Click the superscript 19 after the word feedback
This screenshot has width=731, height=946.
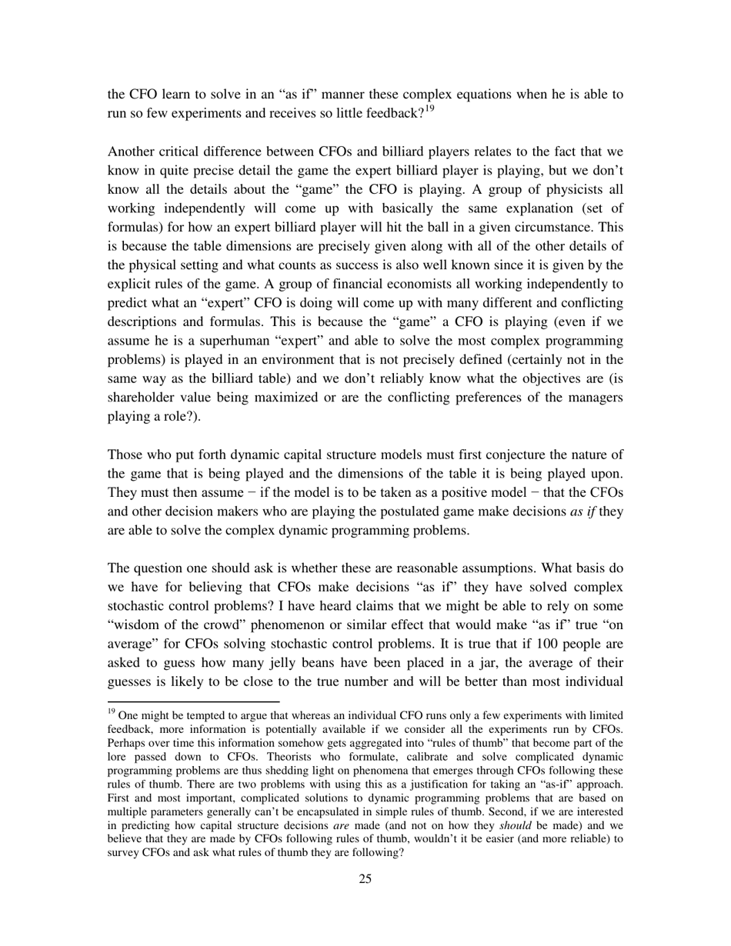429,109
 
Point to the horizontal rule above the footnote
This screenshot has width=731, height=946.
193,701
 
